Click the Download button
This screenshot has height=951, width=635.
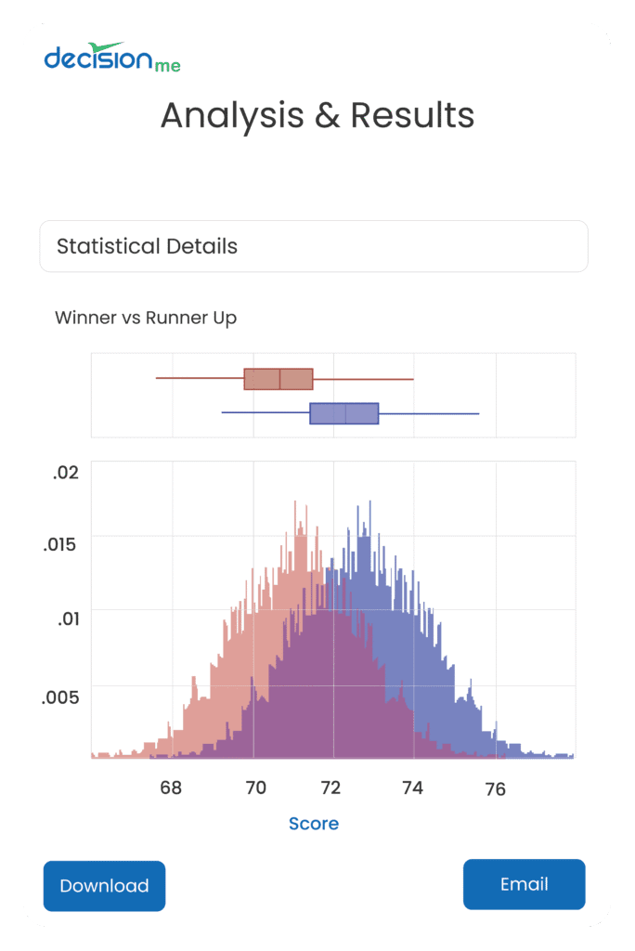(104, 886)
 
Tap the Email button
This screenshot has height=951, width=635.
(524, 884)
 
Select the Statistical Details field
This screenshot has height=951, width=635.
(314, 246)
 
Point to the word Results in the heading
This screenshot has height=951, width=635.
(405, 116)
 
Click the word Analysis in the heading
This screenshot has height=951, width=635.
(232, 116)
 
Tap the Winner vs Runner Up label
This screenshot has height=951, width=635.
(146, 318)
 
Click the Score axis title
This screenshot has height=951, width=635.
(314, 824)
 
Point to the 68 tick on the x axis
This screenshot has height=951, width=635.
(171, 788)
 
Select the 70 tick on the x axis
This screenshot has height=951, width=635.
(255, 788)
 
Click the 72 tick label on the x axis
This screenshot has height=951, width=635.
(331, 788)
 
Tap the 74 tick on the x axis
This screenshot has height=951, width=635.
(412, 788)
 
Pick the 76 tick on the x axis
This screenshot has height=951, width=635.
(496, 789)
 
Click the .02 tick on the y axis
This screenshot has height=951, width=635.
(65, 473)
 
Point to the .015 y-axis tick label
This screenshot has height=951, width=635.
(61, 545)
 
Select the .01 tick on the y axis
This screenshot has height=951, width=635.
(69, 619)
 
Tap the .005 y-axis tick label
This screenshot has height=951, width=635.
(61, 697)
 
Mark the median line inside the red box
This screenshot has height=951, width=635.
(280, 379)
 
